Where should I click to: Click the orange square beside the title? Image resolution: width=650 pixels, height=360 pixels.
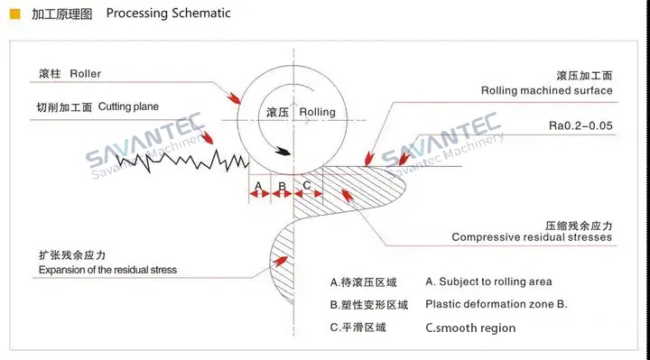(15, 14)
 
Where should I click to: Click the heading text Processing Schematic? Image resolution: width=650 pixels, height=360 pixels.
(168, 14)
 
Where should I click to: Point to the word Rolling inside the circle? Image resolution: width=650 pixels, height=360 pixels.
(317, 112)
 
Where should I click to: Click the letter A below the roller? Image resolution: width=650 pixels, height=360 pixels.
(258, 187)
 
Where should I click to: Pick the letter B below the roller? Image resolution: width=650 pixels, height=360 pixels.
(282, 187)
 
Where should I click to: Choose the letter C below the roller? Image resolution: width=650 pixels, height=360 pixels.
(307, 187)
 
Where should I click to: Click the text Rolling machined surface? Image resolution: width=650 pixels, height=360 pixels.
(546, 90)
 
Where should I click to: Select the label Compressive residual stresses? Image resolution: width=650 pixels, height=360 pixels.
(532, 238)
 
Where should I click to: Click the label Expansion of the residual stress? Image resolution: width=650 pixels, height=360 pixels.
(107, 270)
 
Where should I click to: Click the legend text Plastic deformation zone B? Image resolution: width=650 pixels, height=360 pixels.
(497, 304)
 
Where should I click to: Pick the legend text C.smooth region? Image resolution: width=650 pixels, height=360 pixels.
(470, 328)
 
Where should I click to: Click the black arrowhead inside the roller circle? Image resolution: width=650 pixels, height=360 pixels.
(285, 152)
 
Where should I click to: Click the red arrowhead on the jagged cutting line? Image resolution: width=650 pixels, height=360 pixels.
(210, 139)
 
